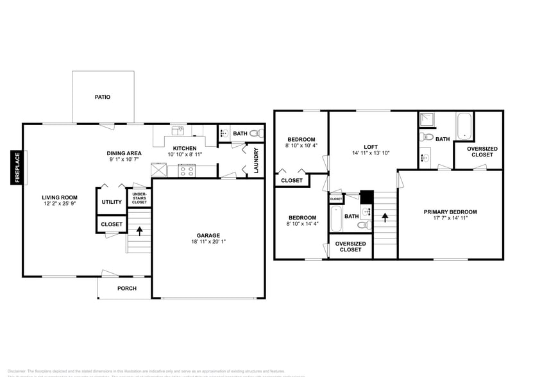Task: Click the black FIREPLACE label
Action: coord(17,167)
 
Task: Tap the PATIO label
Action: coord(103,97)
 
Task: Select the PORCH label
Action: coord(127,289)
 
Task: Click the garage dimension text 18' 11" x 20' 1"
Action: coord(208,242)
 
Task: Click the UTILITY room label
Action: coord(112,202)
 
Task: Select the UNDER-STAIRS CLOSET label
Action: coord(139,198)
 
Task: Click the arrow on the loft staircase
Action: coord(385,217)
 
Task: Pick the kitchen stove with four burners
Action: coord(186,171)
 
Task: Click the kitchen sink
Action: coord(178,132)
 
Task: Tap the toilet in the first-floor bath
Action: coord(256,134)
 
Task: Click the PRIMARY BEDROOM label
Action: coord(450,212)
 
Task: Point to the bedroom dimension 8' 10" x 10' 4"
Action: coord(301,146)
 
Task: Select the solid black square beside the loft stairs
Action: coord(366,197)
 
